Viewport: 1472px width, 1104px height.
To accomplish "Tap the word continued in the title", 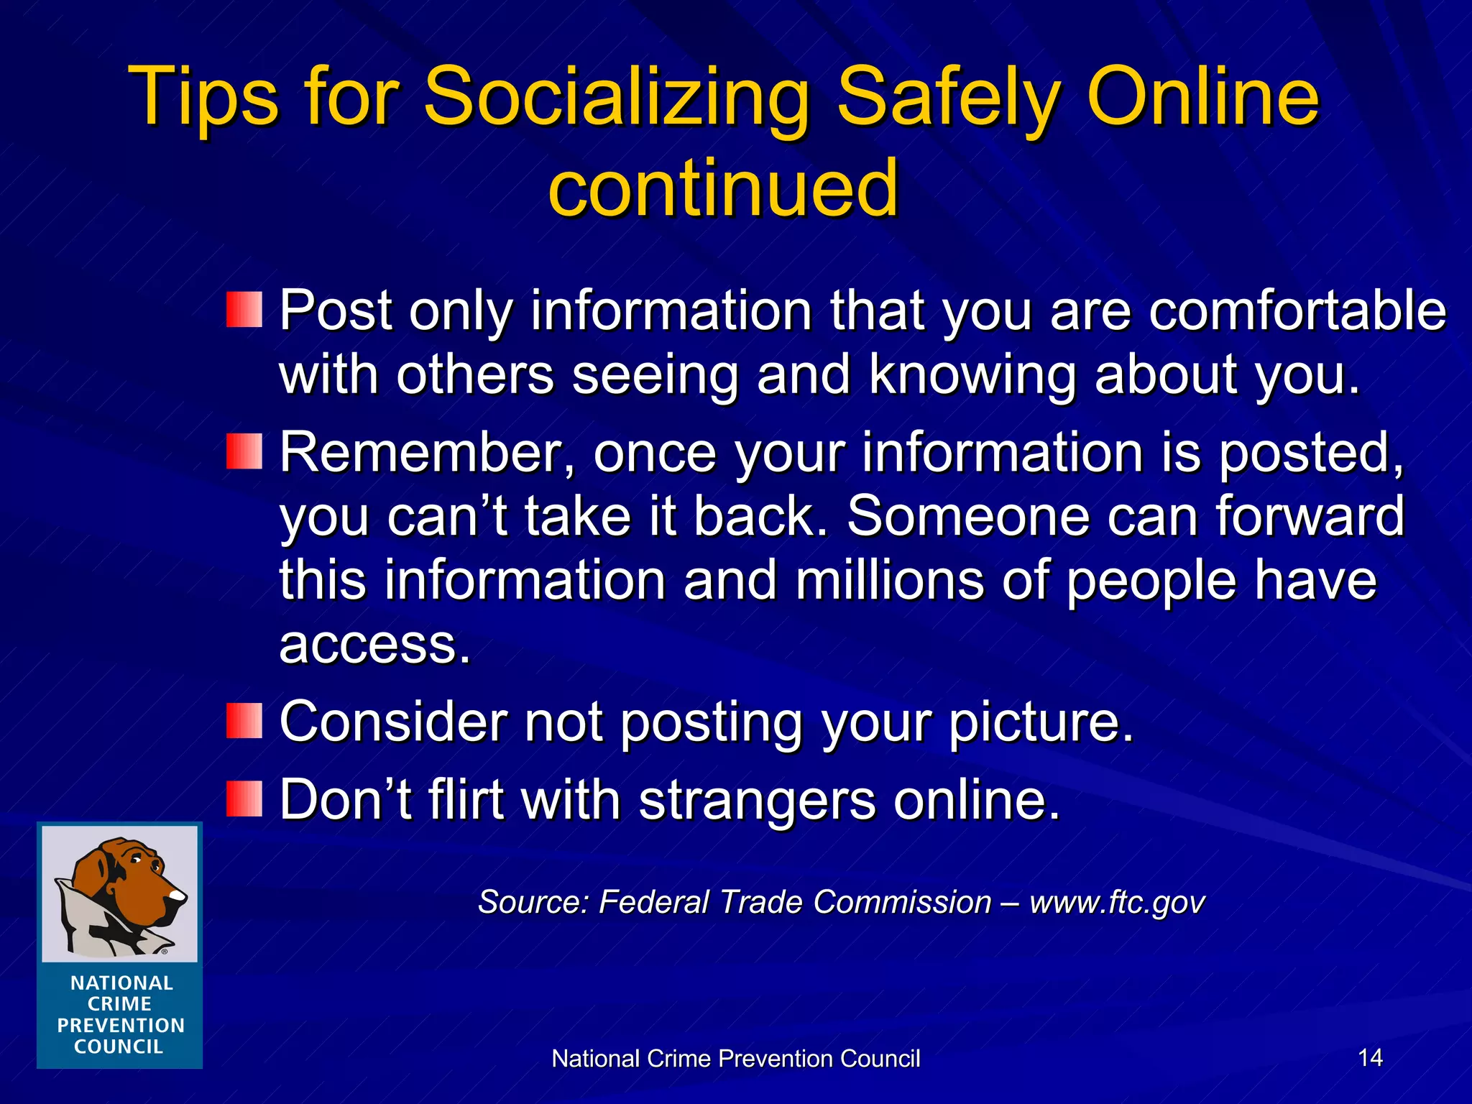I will (x=723, y=188).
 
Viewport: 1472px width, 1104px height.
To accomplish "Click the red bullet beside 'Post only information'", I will (x=244, y=310).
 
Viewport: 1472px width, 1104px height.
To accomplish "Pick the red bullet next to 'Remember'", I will (x=244, y=451).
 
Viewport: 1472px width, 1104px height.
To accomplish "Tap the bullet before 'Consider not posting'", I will (x=244, y=721).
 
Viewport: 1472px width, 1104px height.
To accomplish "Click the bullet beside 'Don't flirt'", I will (x=244, y=799).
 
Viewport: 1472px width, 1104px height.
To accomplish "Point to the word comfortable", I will (x=1297, y=310).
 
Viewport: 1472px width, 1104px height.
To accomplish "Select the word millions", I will (x=889, y=580).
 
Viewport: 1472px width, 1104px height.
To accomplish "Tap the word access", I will (x=374, y=644).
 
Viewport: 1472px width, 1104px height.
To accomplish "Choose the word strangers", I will (x=757, y=800).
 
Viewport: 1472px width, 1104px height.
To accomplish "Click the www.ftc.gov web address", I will (x=1117, y=902).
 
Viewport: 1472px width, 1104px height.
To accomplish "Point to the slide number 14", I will (x=1370, y=1057).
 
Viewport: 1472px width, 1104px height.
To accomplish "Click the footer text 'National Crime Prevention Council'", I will (x=735, y=1059).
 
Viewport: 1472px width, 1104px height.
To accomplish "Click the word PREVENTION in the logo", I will (x=121, y=1026).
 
